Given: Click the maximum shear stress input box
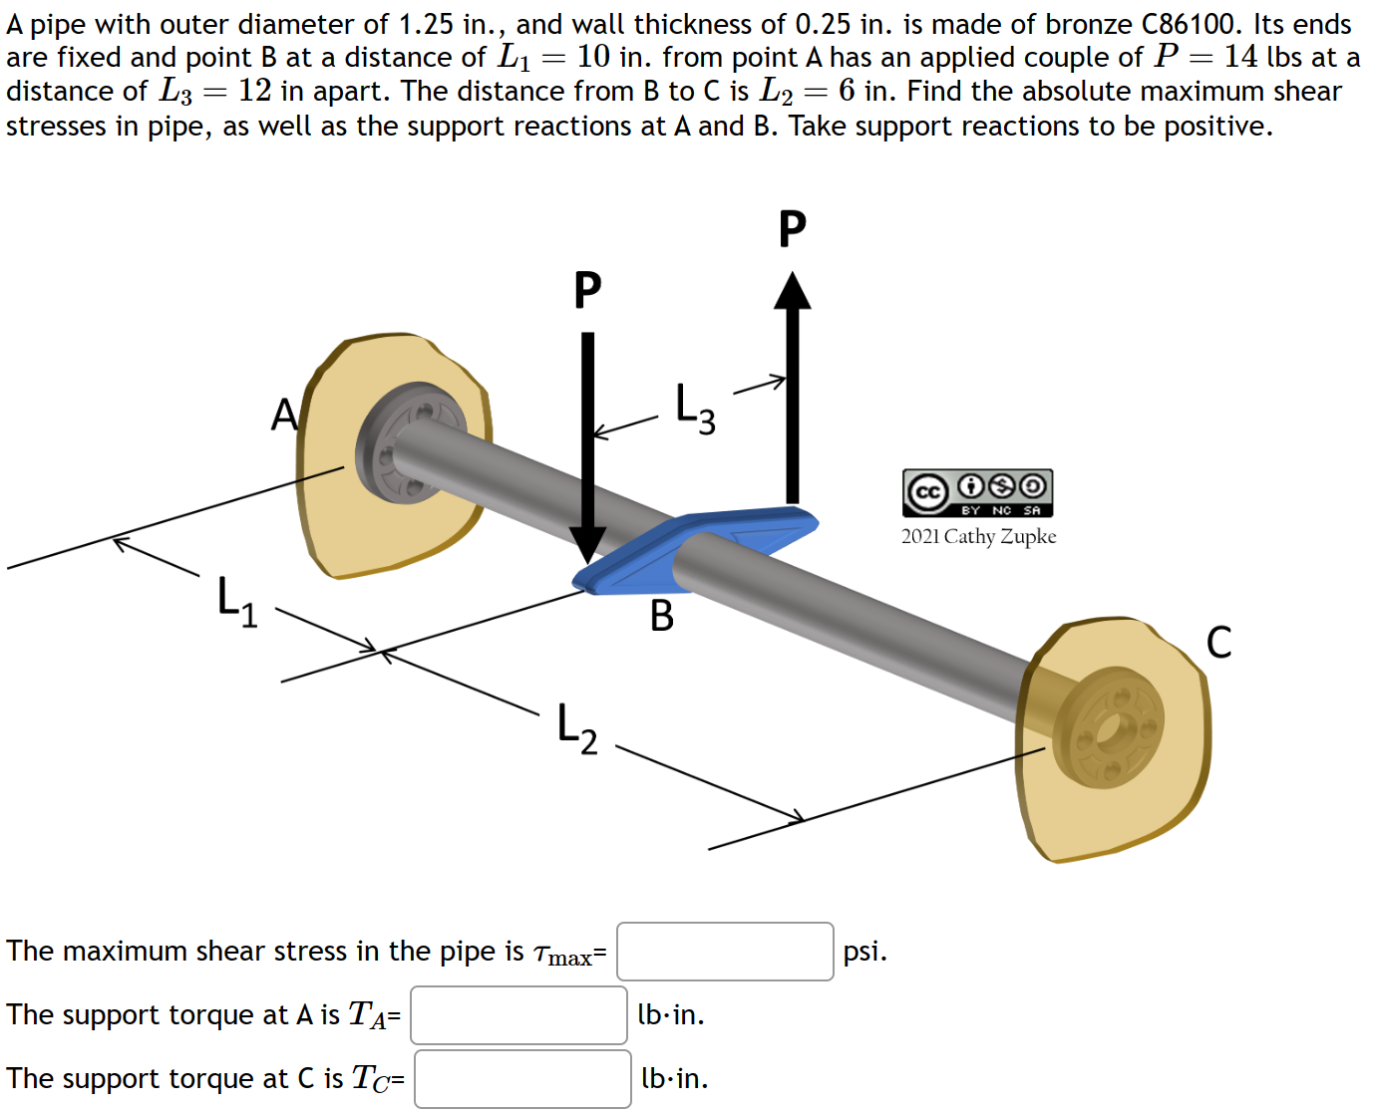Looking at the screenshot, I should pos(725,952).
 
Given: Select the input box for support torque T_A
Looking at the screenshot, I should pos(518,1015).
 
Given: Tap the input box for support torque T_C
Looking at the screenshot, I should pos(522,1079).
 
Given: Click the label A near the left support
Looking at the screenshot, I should pos(284,415).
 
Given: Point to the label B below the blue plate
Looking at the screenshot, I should pos(661,616).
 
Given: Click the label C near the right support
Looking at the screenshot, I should pos(1218,643).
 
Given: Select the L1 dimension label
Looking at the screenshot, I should pos(237,601).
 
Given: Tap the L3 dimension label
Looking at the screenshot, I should pos(695,409).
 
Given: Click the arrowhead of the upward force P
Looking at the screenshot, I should pos(793,291).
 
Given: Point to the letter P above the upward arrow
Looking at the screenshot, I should pos(792,229).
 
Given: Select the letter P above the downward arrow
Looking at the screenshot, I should pos(587,290).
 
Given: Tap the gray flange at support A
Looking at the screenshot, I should pos(409,443).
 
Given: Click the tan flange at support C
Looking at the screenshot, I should pos(1109,727).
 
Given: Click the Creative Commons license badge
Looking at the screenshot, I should pos(977,493).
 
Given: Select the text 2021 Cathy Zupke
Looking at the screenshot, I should pos(978,536).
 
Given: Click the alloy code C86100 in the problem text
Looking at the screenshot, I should pos(1193,24).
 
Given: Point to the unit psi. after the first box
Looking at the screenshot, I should pos(864,952).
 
